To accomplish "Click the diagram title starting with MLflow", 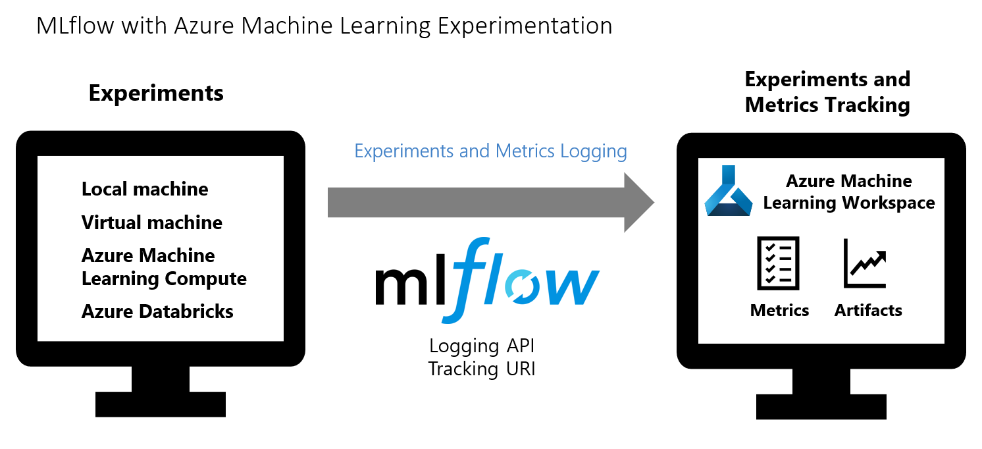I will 324,26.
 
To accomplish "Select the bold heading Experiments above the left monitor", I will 156,93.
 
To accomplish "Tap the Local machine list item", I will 145,190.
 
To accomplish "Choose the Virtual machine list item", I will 152,223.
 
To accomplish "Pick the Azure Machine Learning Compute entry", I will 164,267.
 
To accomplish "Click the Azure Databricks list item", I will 157,311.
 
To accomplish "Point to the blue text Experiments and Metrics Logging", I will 490,151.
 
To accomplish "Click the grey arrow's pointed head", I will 638,202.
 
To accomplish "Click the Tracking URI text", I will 482,369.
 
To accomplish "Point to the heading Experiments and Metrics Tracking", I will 827,92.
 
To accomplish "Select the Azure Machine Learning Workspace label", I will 849,192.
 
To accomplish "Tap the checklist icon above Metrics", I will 779,263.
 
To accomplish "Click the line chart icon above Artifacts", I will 865,263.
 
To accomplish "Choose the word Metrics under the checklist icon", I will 779,310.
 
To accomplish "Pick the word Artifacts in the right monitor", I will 868,310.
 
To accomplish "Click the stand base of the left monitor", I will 161,404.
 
